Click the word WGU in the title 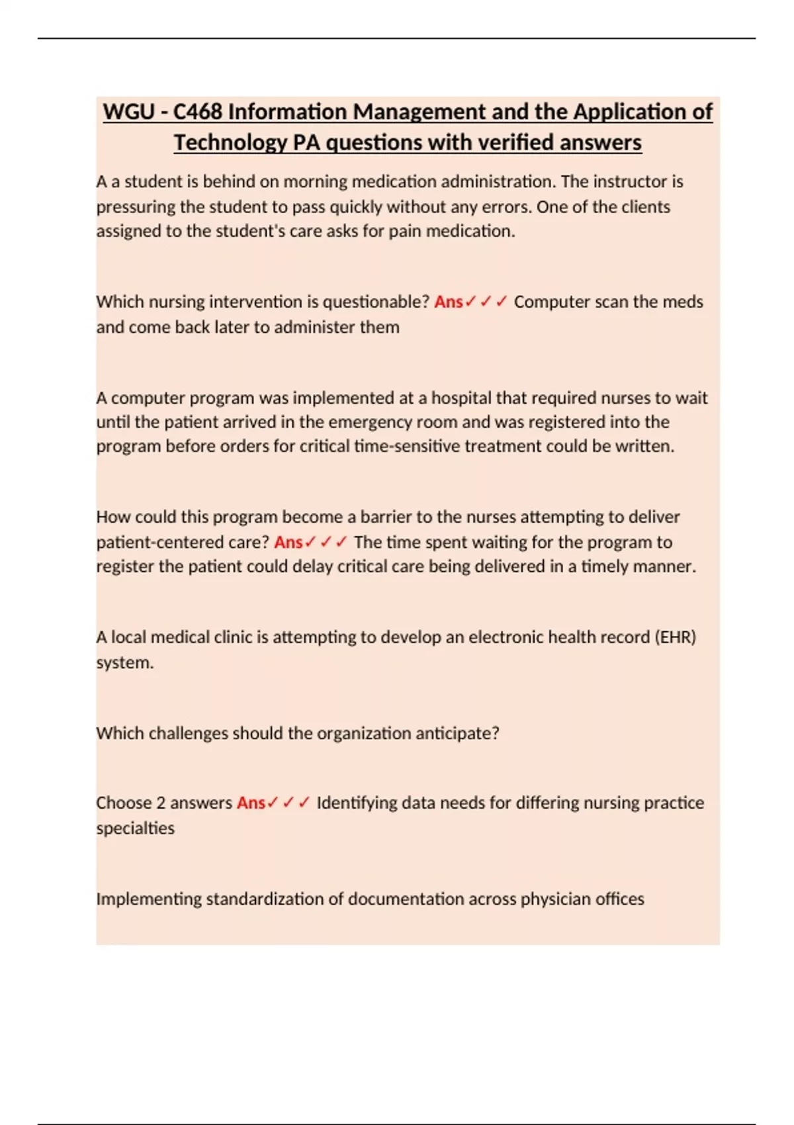click(128, 112)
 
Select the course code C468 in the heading click(197, 112)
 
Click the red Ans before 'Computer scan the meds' click(448, 302)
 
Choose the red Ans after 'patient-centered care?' click(288, 542)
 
